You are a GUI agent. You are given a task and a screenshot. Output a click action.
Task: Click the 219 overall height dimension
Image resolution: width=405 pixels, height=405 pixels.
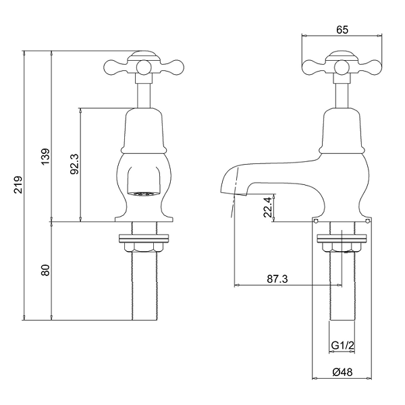click(x=18, y=185)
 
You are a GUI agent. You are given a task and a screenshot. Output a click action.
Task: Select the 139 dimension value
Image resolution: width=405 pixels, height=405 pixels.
click(x=46, y=157)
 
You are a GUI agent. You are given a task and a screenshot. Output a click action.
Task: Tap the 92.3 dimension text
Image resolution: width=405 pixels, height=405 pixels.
click(x=75, y=164)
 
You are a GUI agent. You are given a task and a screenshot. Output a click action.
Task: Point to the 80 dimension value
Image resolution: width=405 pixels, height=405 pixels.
click(x=46, y=270)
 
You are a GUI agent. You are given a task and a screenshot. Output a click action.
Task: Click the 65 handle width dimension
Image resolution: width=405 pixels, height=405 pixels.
click(x=342, y=30)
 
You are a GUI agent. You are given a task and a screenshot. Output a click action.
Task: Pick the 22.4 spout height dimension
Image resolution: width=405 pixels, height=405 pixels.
click(x=267, y=207)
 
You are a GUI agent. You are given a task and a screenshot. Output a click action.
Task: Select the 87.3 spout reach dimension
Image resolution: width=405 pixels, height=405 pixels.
click(x=277, y=279)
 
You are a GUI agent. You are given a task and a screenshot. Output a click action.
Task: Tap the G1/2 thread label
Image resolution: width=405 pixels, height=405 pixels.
click(x=342, y=345)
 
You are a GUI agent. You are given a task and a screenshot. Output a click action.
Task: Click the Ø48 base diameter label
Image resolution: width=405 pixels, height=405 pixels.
click(x=342, y=372)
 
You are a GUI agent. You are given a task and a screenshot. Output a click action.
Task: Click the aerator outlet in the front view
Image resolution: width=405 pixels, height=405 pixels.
click(x=144, y=194)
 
